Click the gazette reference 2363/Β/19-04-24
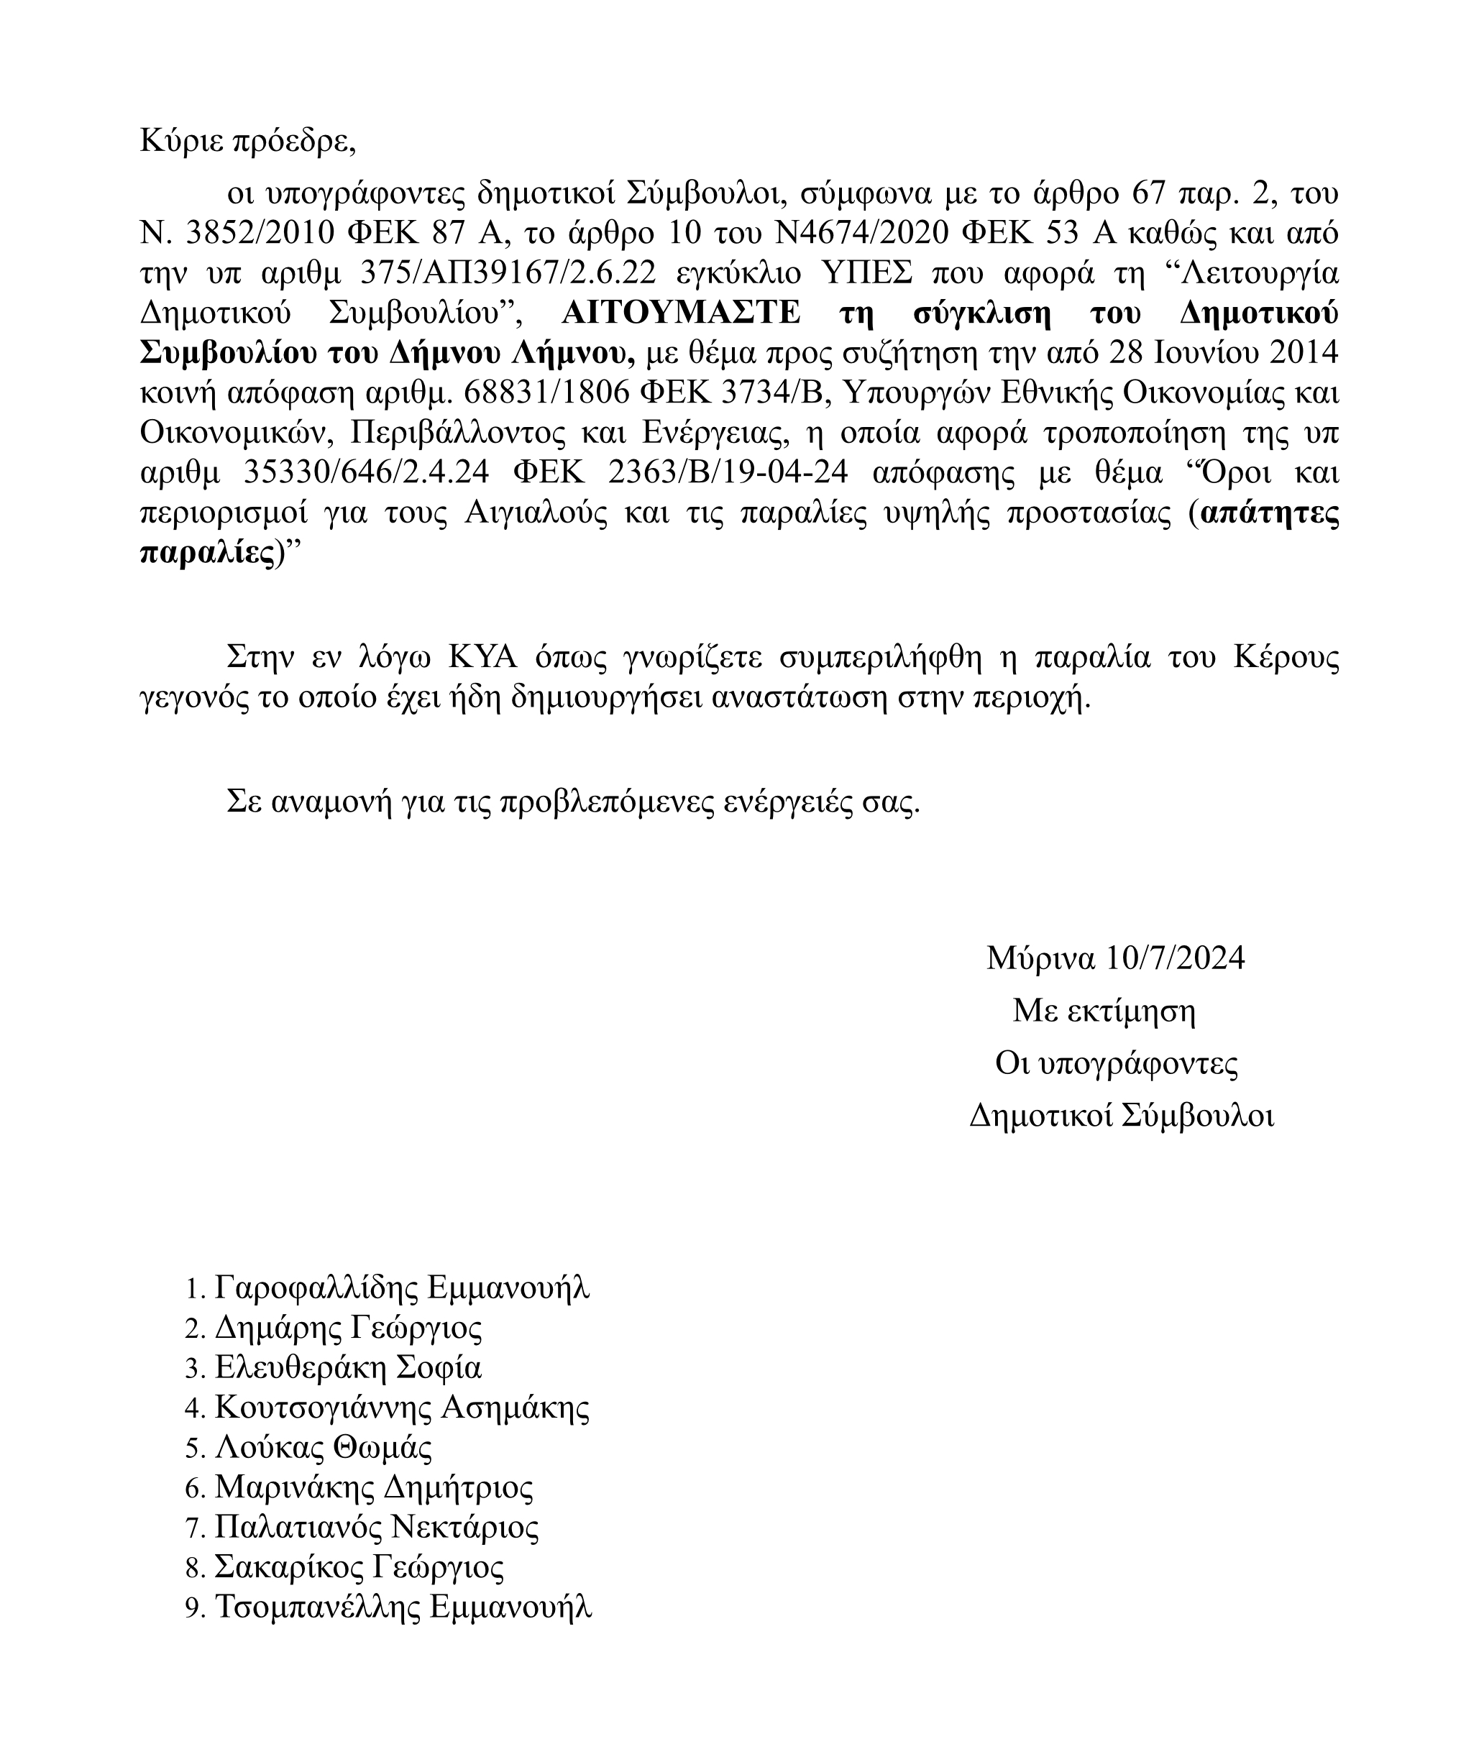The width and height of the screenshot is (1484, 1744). pyautogui.click(x=727, y=473)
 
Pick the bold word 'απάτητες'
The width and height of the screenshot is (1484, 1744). pyautogui.click(x=1270, y=513)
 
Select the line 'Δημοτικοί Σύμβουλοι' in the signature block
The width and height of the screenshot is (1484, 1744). pyautogui.click(x=1122, y=1116)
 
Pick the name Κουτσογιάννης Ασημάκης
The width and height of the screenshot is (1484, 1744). pyautogui.click(x=402, y=1408)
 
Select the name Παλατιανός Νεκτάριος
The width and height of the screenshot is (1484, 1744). pyautogui.click(x=376, y=1527)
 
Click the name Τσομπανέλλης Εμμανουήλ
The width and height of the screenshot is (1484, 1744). pyautogui.click(x=404, y=1606)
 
